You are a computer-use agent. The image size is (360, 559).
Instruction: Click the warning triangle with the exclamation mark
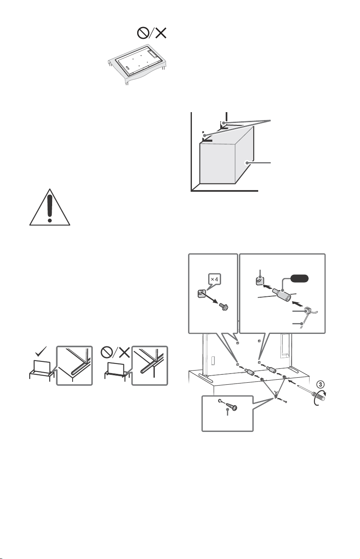(50, 208)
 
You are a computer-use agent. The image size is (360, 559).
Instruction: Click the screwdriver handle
(320, 396)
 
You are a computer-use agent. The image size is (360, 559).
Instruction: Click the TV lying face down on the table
(138, 60)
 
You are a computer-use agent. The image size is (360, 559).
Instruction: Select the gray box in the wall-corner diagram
(227, 155)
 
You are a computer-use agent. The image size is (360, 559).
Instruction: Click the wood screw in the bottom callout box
(232, 407)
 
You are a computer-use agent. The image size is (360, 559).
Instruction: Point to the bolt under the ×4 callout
(224, 306)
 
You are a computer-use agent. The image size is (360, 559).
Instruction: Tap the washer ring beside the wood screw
(220, 401)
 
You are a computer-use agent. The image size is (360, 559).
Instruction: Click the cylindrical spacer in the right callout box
(281, 294)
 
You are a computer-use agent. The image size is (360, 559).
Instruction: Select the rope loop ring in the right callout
(307, 311)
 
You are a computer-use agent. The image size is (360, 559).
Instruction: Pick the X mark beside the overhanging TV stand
(123, 352)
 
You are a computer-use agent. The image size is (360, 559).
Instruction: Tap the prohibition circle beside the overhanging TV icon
(107, 352)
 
